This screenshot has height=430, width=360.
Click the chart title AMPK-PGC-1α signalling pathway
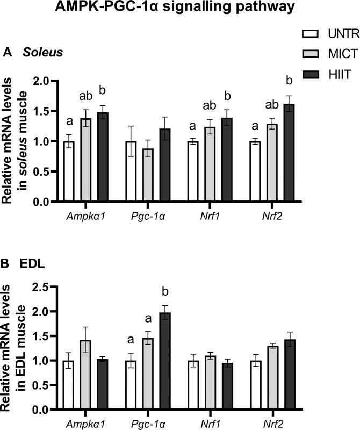pyautogui.click(x=179, y=10)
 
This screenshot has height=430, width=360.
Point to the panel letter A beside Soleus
pyautogui.click(x=8, y=53)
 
